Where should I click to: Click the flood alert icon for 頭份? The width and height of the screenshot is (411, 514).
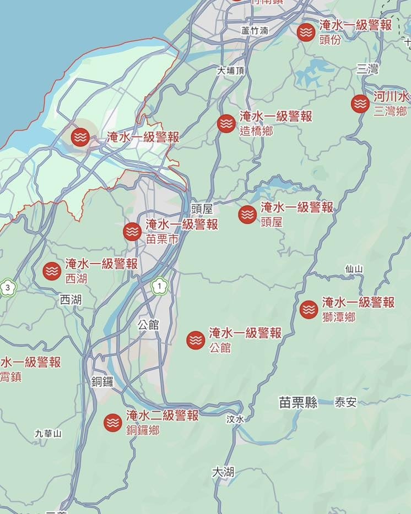[x=306, y=32]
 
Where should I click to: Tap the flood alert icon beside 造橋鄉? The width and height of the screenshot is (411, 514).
[x=226, y=123]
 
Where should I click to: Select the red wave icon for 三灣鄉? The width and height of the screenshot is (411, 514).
[x=360, y=103]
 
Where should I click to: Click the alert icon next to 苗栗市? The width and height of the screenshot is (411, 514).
[x=132, y=232]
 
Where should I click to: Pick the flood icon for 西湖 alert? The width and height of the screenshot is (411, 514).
[x=52, y=271]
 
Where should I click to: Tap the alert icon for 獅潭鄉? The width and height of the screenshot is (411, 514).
[x=309, y=309]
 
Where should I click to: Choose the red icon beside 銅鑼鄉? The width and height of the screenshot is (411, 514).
[x=113, y=422]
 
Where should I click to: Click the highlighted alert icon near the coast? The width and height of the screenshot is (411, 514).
[x=80, y=136]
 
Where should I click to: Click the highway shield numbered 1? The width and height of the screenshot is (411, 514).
[x=159, y=286]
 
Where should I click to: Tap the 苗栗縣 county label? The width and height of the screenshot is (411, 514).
[x=298, y=403]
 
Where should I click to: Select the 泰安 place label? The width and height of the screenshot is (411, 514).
[x=345, y=402]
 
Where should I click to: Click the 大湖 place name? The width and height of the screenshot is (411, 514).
[x=223, y=472]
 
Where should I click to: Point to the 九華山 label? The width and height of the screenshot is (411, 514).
[x=48, y=434]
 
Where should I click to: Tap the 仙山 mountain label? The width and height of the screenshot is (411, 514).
[x=354, y=269]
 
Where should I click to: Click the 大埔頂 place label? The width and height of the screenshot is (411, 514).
[x=230, y=70]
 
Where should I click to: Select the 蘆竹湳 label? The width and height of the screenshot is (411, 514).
[x=254, y=31]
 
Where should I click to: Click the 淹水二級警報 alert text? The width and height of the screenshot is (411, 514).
[x=162, y=415]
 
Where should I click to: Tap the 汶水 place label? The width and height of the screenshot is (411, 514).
[x=235, y=419]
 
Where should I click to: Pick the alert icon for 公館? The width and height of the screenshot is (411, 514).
[x=196, y=340]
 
